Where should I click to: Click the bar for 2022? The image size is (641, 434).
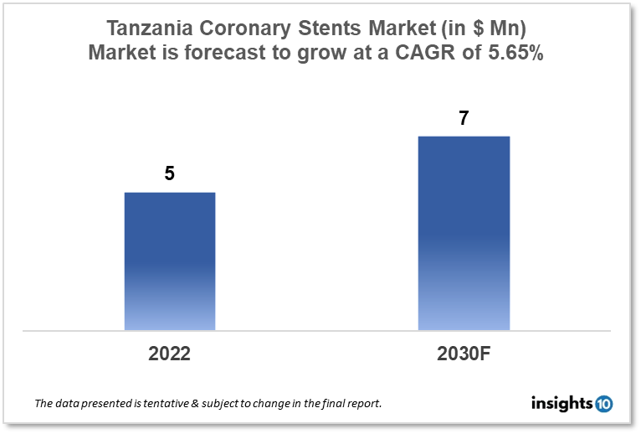tap(170, 261)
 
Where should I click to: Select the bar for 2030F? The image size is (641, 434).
tap(464, 232)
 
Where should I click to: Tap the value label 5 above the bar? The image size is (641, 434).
tap(170, 174)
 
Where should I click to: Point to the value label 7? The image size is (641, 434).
tap(464, 118)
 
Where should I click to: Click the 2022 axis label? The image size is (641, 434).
tap(170, 354)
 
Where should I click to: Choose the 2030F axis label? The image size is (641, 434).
tap(464, 354)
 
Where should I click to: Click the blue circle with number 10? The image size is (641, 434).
tap(603, 404)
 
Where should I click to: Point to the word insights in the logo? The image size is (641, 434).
tap(562, 404)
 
